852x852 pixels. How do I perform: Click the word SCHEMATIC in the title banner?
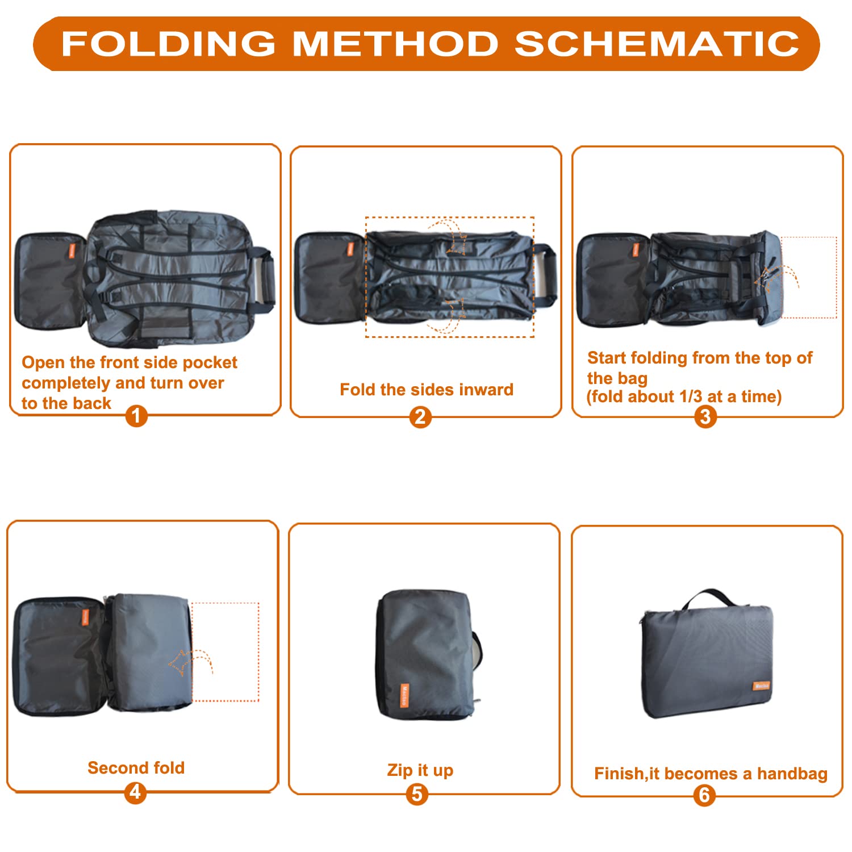tap(657, 44)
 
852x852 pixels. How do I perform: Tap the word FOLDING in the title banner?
tap(169, 44)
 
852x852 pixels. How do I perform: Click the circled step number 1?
tap(136, 416)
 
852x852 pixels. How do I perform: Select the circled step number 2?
tap(420, 417)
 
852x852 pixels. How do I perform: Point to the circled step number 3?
tap(705, 417)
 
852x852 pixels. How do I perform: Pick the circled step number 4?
tap(135, 792)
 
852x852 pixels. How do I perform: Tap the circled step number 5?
tap(417, 794)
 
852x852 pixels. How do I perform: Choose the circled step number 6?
tap(704, 795)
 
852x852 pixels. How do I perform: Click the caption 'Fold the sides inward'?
tap(427, 390)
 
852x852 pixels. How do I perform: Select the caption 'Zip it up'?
tap(420, 771)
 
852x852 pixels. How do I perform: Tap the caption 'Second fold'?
tap(136, 768)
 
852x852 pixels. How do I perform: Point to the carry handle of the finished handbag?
tap(709, 596)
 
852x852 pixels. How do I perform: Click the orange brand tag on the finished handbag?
tap(762, 686)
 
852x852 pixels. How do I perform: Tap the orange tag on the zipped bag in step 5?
tap(404, 696)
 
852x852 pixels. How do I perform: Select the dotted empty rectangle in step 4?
tap(225, 603)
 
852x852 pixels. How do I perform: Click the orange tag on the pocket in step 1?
tap(72, 251)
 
